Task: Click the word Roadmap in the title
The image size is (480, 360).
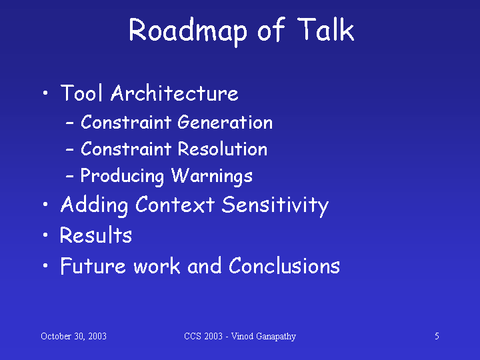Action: click(188, 31)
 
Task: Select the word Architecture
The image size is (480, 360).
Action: click(175, 93)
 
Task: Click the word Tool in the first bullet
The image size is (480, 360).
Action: click(81, 93)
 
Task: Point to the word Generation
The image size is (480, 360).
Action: click(225, 122)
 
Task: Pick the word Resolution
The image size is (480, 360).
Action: click(223, 149)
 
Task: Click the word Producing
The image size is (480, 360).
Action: click(122, 176)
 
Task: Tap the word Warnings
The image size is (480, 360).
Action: click(212, 176)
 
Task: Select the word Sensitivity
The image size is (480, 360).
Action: click(275, 205)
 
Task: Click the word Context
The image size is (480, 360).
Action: click(175, 205)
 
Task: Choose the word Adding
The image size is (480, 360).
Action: click(94, 205)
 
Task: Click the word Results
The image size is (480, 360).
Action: click(96, 235)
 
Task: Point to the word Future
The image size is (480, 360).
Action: click(93, 265)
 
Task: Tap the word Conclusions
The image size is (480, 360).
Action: click(285, 265)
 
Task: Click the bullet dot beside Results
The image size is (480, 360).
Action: click(45, 235)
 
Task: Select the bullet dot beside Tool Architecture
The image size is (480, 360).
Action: click(45, 93)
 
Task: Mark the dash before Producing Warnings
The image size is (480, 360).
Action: click(70, 177)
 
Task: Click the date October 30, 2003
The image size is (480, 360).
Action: click(73, 336)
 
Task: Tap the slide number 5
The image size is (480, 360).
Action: click(437, 336)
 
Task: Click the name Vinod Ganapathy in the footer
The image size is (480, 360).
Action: click(263, 337)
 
